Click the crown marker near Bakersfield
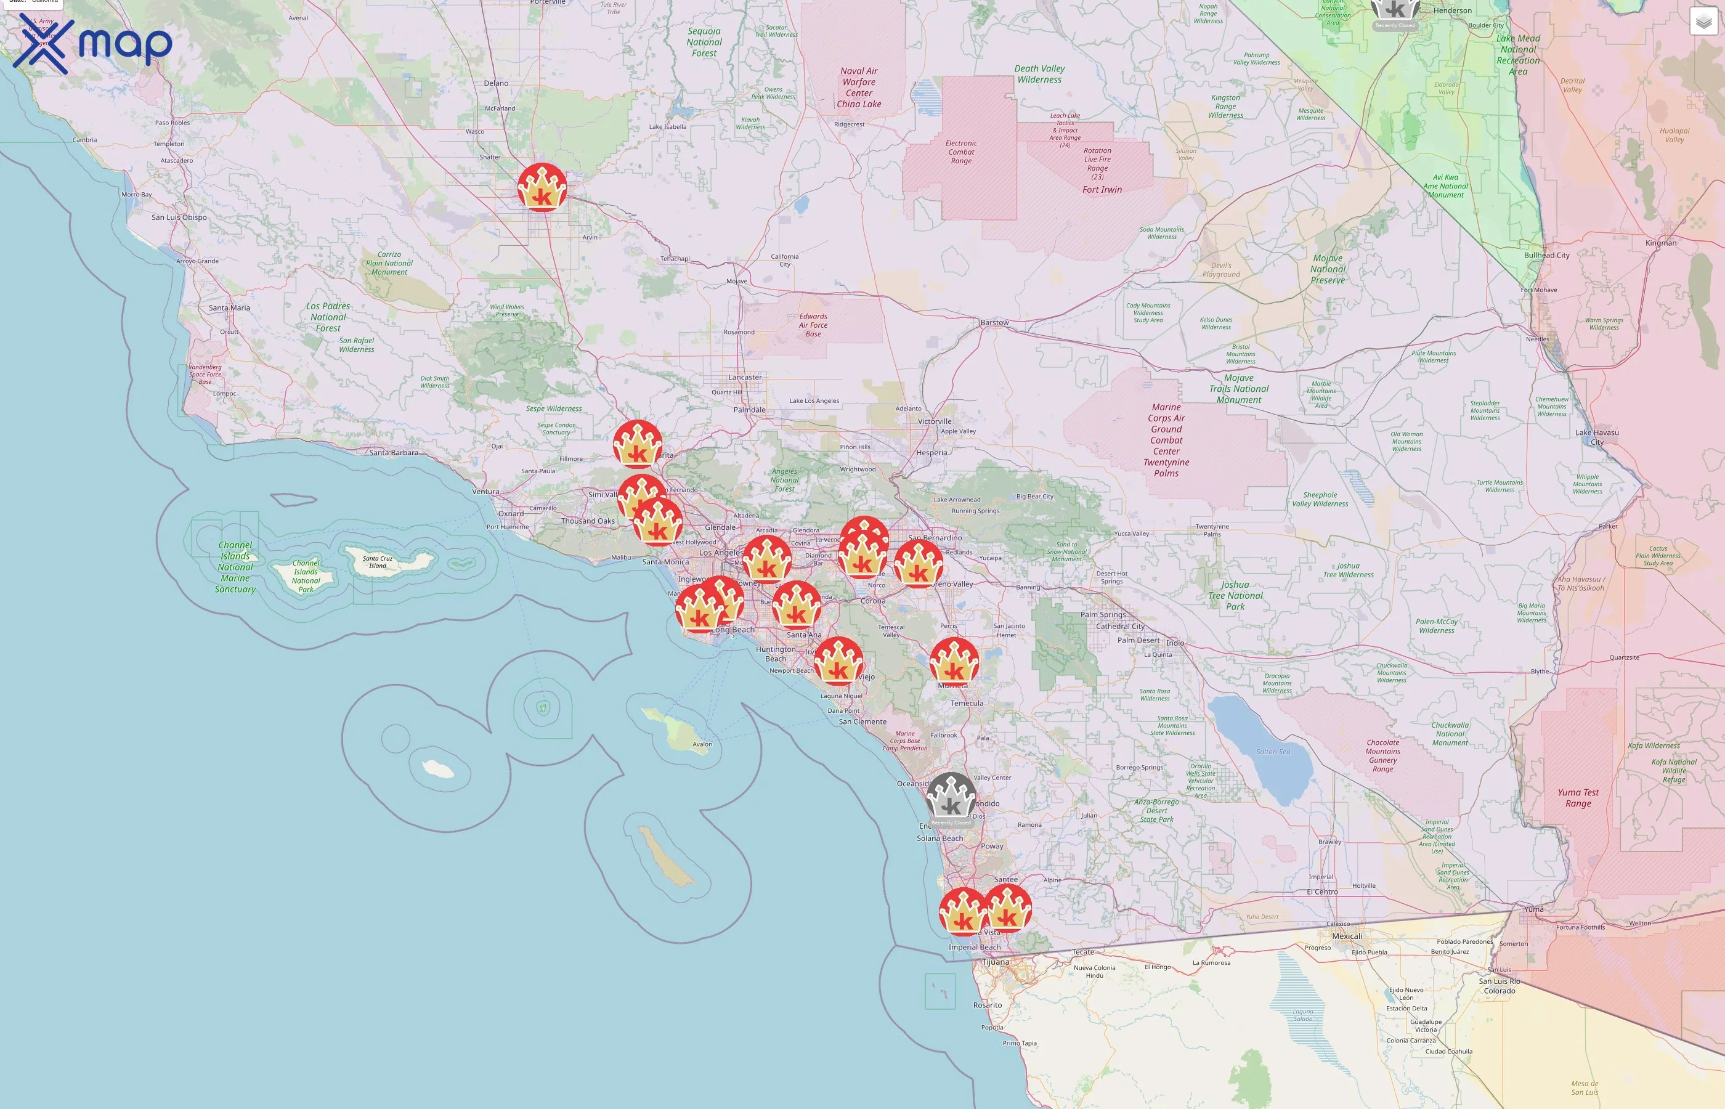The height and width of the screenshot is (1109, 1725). point(542,187)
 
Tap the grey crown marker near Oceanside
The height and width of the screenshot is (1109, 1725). point(951,797)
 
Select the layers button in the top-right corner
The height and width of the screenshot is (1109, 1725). point(1703,22)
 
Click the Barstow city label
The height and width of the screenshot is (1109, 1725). point(994,323)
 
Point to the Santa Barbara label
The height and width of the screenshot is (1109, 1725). point(393,453)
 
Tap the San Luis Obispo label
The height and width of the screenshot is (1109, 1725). point(179,217)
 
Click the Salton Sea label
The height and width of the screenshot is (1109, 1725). point(1273,752)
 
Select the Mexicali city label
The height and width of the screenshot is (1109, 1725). point(1346,936)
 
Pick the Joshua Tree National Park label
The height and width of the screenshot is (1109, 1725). point(1235,596)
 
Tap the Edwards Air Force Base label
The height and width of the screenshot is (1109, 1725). point(813,325)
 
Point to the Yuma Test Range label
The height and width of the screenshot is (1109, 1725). point(1578,798)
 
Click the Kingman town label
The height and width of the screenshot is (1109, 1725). point(1660,243)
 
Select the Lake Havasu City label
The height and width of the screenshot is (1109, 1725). point(1596,437)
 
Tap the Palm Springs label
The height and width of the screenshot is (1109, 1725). point(1102,615)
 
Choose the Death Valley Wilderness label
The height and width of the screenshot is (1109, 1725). point(1039,74)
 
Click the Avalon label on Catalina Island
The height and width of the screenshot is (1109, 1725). point(702,745)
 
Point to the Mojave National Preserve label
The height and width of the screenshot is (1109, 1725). point(1328,269)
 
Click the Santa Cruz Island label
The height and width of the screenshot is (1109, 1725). point(377,562)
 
